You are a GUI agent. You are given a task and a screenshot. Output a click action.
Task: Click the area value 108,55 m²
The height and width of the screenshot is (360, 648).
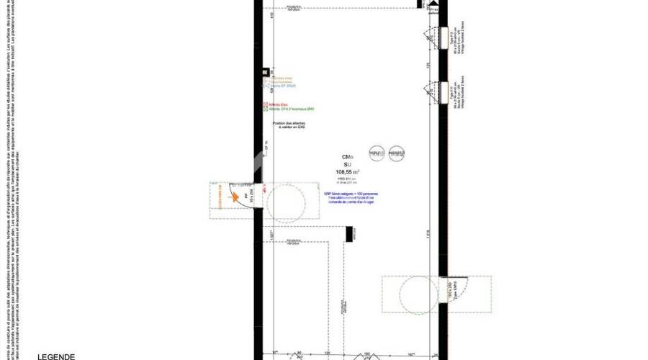coord(347,172)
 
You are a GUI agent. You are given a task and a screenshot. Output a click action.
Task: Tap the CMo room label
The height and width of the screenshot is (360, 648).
coord(347,157)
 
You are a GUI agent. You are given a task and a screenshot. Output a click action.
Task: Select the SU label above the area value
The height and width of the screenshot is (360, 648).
coord(347,164)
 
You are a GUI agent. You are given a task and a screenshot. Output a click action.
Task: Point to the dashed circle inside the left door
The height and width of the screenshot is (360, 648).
coord(291,202)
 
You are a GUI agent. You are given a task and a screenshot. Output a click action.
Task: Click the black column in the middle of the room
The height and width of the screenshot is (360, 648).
coord(349,234)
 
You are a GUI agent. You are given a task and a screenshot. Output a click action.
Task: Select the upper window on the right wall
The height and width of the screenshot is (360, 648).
coord(434,35)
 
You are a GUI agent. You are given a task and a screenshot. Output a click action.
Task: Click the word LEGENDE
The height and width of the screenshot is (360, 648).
coord(56,356)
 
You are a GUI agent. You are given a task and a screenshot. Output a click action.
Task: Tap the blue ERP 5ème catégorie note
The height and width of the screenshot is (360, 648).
coord(351,198)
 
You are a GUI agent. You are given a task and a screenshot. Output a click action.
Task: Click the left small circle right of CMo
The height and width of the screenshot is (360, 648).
coord(375,153)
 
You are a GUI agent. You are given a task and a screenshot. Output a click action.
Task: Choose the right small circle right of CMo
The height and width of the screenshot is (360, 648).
coord(395,153)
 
